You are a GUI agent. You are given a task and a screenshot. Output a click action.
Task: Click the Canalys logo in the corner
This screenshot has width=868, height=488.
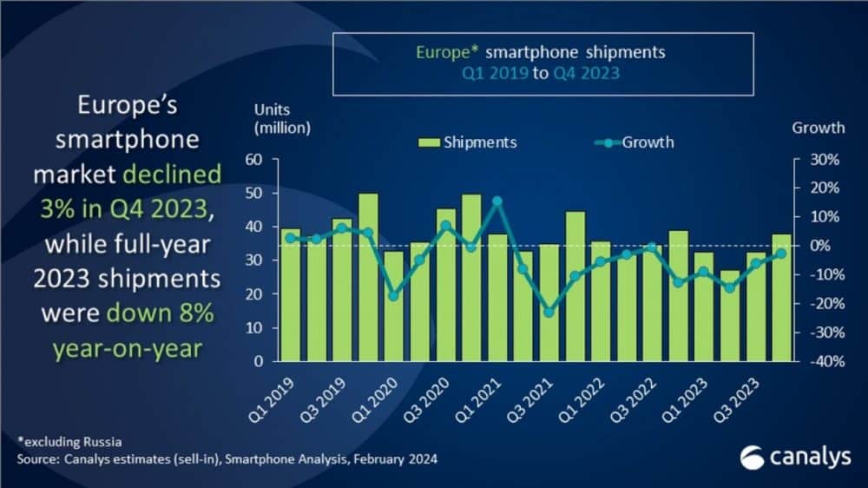pyautogui.click(x=795, y=457)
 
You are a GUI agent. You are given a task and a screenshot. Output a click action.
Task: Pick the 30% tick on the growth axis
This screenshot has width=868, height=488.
pyautogui.click(x=824, y=160)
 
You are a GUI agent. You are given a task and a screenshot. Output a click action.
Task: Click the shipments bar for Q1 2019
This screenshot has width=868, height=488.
pyautogui.click(x=290, y=295)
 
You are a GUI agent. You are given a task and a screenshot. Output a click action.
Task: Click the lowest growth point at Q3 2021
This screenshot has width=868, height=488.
pyautogui.click(x=549, y=312)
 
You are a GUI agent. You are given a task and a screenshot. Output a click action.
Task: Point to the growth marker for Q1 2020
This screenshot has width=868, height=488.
pyautogui.click(x=394, y=296)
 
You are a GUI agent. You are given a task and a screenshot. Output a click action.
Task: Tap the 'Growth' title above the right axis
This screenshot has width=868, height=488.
pyautogui.click(x=818, y=128)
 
